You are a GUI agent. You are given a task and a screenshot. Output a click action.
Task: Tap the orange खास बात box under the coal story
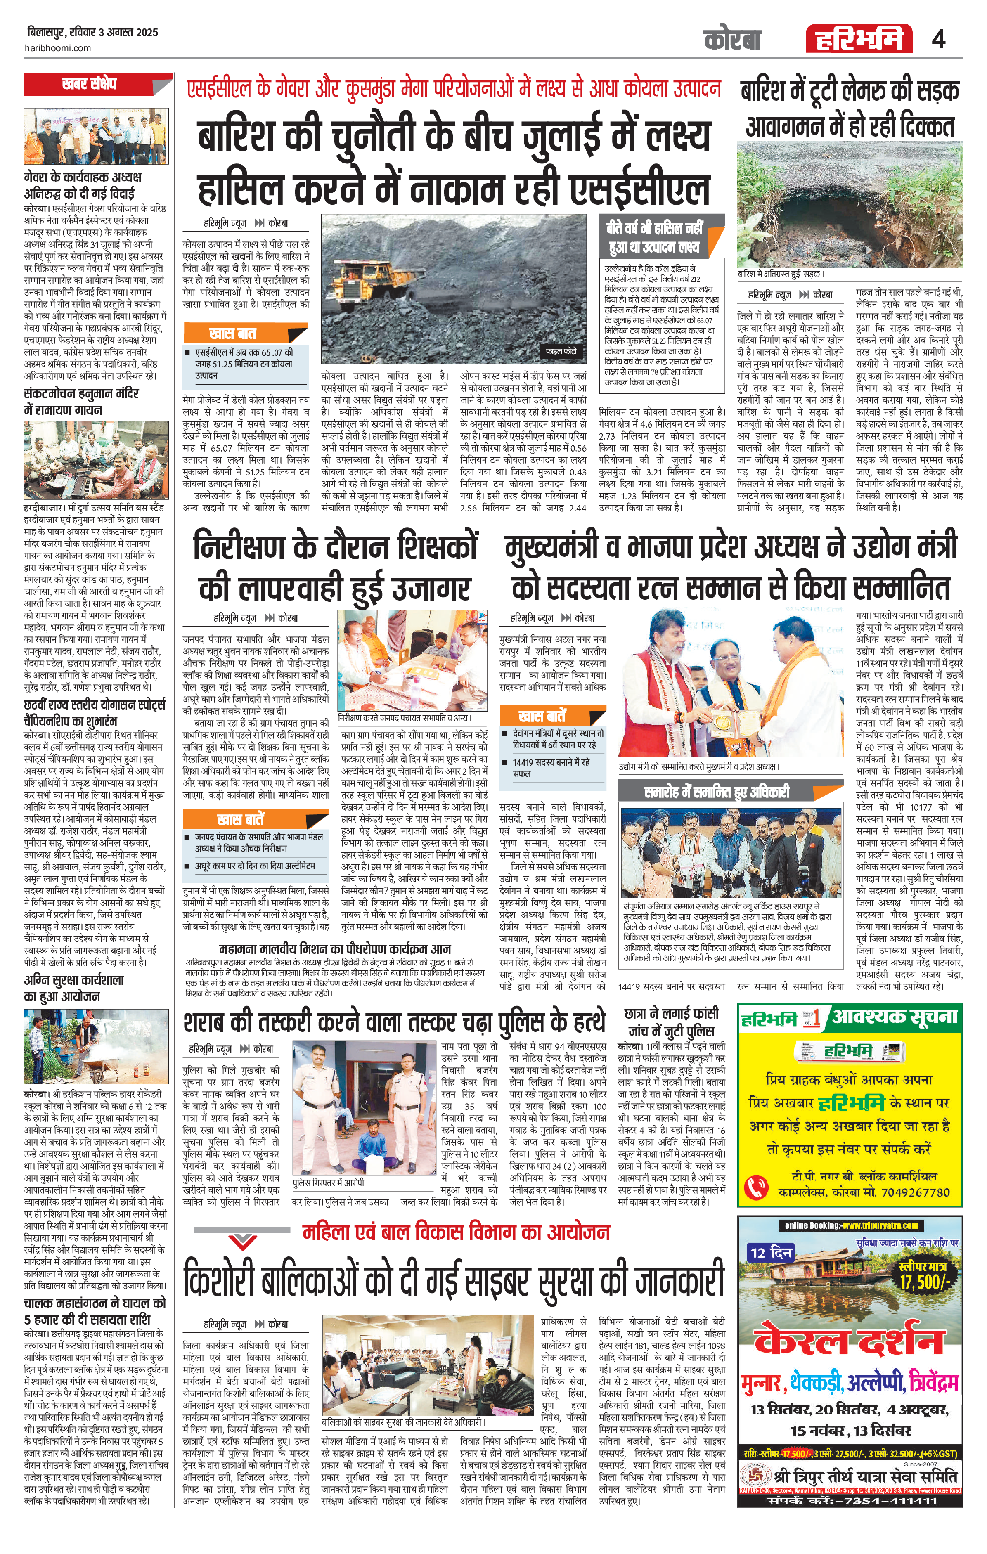[x=232, y=334]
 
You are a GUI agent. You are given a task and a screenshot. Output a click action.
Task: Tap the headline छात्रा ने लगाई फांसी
[x=671, y=1013]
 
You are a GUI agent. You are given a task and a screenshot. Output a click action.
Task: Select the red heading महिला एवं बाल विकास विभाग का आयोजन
[x=456, y=1232]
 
